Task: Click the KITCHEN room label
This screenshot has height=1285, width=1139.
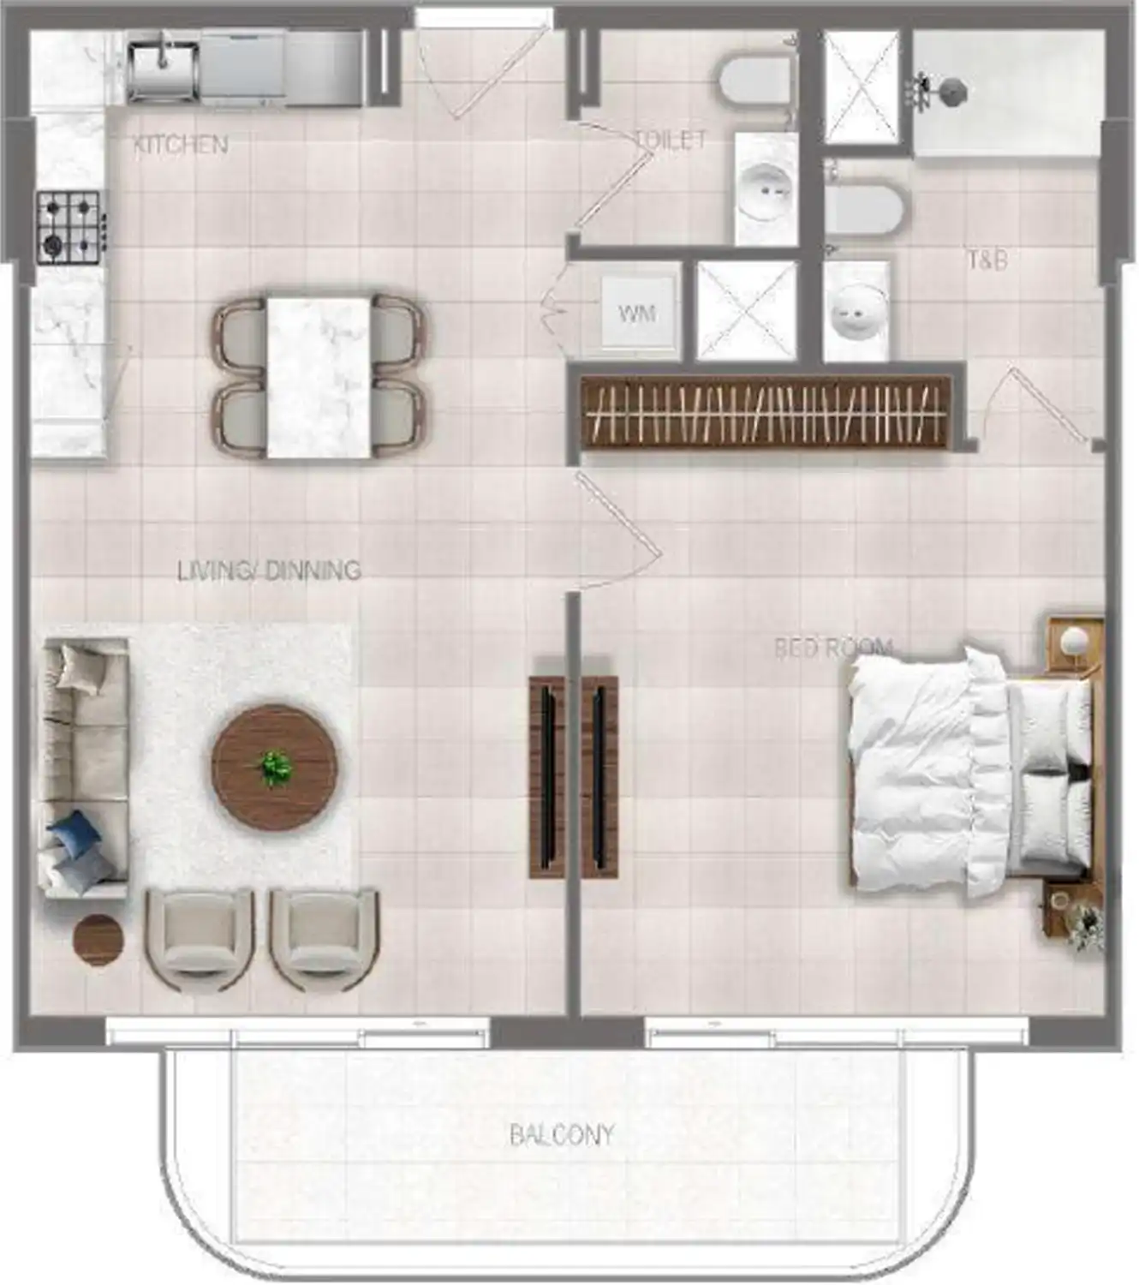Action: (x=181, y=145)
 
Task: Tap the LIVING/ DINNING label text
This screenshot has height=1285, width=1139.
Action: (x=269, y=571)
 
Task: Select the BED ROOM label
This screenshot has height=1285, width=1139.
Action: (x=833, y=648)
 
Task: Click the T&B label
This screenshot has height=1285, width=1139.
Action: (x=987, y=260)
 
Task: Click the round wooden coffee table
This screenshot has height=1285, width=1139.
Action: (x=275, y=767)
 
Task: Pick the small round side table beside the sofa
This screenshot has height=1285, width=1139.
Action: (x=98, y=939)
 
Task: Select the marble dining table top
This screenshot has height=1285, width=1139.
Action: (x=319, y=378)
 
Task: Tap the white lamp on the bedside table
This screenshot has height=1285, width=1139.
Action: (x=1073, y=638)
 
